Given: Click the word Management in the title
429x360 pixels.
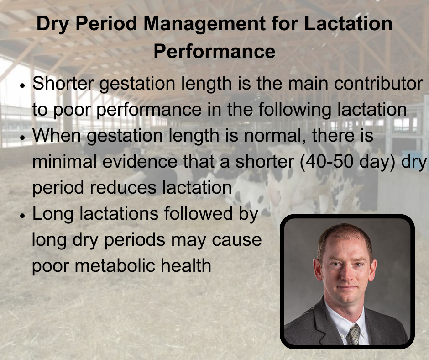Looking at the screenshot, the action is pos(204,24).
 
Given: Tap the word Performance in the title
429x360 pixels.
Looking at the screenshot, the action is pos(214,51).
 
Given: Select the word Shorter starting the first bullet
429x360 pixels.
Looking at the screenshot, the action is pos(63,83).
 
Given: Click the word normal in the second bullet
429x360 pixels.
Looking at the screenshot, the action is pos(274,136).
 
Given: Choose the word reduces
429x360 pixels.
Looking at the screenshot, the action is pos(123,188).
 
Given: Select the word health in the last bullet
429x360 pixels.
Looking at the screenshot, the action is pos(186,265).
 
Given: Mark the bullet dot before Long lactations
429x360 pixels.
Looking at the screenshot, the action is pos(22,216).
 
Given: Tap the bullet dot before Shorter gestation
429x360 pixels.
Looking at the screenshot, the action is pos(22,85).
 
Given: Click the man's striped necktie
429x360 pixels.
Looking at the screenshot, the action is pos(353,334).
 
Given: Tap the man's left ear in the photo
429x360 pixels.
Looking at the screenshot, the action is pos(372,270).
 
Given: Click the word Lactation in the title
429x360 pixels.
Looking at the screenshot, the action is pos(348,23).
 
